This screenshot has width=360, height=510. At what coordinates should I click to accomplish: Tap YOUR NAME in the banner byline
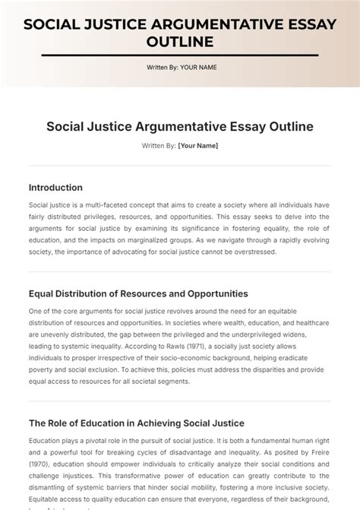(x=198, y=68)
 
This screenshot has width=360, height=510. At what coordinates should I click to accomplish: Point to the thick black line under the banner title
(x=180, y=55)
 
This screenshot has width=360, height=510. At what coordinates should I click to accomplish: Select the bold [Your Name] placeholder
(x=197, y=145)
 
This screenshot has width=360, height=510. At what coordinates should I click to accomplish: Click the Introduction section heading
(x=55, y=187)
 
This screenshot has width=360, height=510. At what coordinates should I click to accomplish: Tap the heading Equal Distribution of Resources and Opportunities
(x=138, y=293)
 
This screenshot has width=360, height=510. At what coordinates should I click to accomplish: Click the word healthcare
(x=311, y=322)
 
